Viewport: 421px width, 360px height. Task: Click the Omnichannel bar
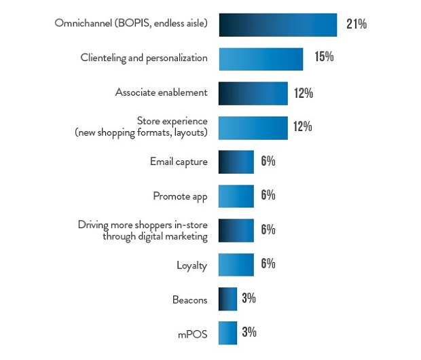(278, 24)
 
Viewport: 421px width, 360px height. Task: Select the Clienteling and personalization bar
(261, 58)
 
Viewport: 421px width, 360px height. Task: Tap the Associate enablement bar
(253, 93)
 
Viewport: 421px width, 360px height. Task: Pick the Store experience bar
(253, 127)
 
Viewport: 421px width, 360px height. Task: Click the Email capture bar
(236, 162)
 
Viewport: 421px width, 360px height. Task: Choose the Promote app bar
(236, 196)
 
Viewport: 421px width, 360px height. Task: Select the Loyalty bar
(236, 264)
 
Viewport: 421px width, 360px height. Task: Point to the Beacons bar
(227, 298)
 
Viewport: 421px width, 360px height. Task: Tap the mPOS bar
(227, 333)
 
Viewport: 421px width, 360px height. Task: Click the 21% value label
(356, 24)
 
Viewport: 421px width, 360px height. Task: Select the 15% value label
(324, 57)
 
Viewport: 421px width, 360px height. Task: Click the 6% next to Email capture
(268, 162)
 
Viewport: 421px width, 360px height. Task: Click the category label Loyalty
(191, 266)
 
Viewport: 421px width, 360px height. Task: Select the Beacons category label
(189, 299)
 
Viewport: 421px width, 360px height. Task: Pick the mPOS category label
(193, 334)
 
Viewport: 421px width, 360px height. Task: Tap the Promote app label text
(180, 197)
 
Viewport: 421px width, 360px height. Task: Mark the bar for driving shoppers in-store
(236, 230)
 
